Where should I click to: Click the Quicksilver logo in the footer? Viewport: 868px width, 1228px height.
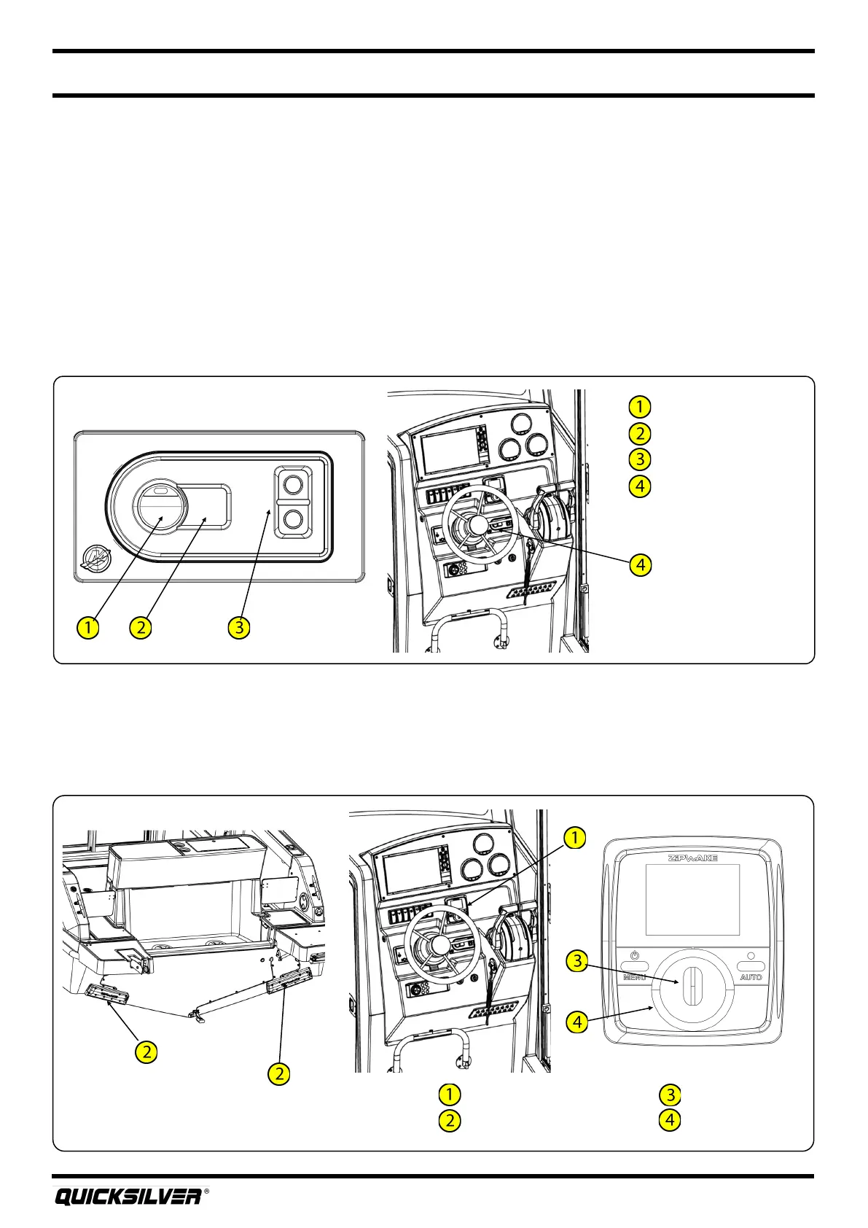click(128, 1197)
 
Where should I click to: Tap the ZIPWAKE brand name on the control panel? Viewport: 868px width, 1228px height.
click(692, 858)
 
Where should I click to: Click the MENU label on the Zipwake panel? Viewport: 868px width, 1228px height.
click(634, 976)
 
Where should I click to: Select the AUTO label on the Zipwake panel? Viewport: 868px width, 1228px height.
click(751, 976)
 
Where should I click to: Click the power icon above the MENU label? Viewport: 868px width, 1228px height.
click(634, 955)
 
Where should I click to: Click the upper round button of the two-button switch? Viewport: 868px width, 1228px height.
click(293, 483)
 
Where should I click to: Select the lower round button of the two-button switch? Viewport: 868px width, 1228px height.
click(293, 519)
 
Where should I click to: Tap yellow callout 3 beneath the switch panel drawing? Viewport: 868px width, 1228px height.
click(238, 626)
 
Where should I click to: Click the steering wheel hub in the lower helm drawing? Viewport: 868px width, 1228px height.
click(440, 945)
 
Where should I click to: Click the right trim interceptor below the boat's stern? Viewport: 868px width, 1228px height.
click(289, 980)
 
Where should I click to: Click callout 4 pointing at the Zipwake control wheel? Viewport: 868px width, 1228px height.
click(577, 1022)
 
